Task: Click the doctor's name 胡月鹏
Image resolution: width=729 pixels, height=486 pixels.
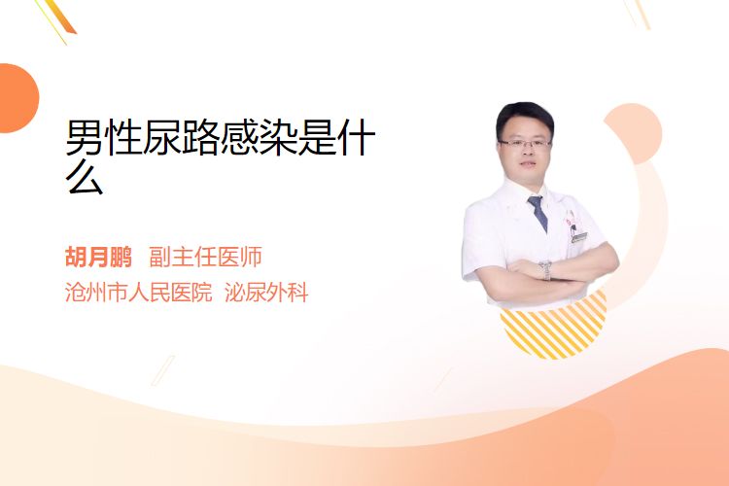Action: pos(98,257)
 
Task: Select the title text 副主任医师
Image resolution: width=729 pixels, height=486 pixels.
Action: pos(205,257)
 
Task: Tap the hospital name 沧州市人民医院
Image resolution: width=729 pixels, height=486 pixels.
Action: pos(139,293)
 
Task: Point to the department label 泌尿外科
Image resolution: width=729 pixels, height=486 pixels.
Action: pos(266,293)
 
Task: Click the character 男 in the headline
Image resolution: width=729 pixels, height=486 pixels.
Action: pos(85,137)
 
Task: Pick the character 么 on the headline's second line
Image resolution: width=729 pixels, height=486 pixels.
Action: pos(85,177)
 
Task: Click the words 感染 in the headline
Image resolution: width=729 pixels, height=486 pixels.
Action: pos(259,137)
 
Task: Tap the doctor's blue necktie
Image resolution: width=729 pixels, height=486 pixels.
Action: pos(538,213)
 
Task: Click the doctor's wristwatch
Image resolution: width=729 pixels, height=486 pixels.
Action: pos(546,270)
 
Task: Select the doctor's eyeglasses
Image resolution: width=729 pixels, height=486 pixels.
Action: pos(525,143)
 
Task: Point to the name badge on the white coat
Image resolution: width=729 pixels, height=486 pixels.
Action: pos(579,237)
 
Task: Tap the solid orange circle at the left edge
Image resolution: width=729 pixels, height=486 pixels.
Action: pos(17,98)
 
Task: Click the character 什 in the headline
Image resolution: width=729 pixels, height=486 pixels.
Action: pos(357,137)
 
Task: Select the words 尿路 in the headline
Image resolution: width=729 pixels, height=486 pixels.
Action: pos(181,137)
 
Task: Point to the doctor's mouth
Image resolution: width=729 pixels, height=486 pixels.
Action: pos(528,165)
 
